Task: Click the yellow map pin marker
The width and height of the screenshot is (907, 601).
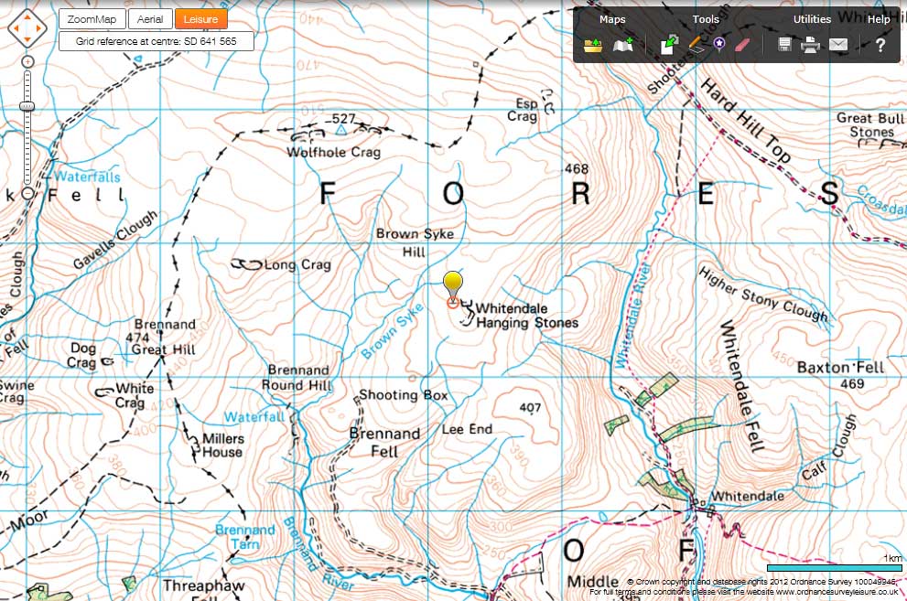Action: click(452, 284)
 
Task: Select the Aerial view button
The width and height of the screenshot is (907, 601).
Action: click(147, 19)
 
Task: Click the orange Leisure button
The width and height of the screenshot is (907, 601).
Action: click(200, 19)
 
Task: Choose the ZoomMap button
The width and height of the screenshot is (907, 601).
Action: click(91, 19)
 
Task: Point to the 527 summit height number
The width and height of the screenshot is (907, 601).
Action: click(342, 119)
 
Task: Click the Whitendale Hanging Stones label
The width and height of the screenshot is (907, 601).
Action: click(527, 316)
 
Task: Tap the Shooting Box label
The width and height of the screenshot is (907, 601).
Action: click(403, 395)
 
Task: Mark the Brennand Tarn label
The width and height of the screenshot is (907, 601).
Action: click(244, 536)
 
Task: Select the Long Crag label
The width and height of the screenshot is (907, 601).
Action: click(297, 265)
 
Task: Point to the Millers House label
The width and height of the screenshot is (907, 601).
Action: click(221, 445)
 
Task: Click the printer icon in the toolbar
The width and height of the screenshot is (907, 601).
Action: click(811, 45)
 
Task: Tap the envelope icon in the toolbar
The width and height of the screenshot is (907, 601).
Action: click(837, 45)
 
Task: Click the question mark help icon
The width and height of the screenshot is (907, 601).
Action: click(880, 45)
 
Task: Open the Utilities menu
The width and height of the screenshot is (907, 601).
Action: click(812, 19)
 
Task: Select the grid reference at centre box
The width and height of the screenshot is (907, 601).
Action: click(157, 41)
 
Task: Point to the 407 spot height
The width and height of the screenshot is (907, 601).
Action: click(529, 408)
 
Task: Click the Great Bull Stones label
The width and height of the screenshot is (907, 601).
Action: click(869, 125)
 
